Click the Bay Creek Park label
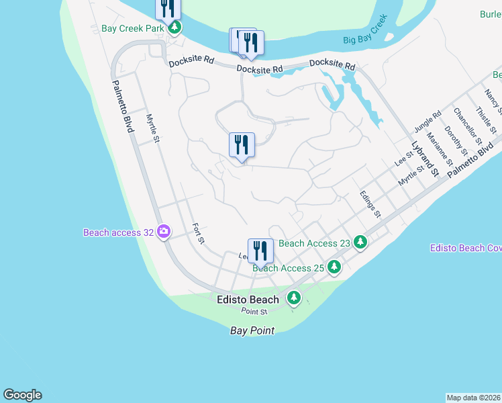click(133, 29)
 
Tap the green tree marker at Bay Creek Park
click(174, 28)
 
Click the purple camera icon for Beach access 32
click(164, 232)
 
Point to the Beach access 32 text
click(118, 233)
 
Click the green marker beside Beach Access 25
click(334, 267)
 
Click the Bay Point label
click(252, 331)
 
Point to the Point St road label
click(254, 312)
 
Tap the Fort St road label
click(198, 233)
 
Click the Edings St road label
click(370, 204)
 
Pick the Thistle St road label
click(485, 119)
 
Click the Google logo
click(22, 395)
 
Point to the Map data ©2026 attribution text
click(474, 398)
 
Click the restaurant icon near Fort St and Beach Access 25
click(260, 251)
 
